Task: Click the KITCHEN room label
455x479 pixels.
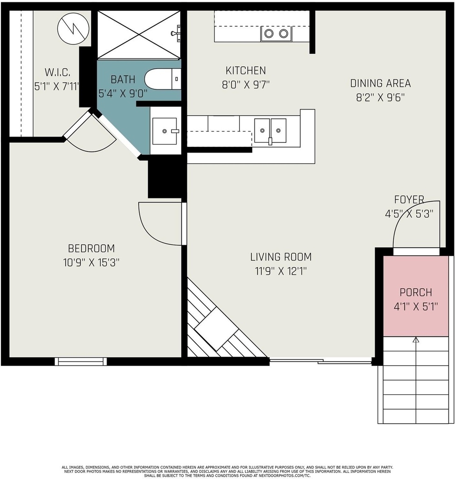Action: coord(246,71)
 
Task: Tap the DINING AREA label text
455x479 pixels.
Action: coord(380,83)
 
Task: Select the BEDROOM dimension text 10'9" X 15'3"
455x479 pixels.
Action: coord(91,262)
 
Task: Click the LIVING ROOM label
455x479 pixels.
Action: coord(281,257)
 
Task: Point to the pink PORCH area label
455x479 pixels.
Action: coord(416,292)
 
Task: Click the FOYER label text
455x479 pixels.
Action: coord(409,199)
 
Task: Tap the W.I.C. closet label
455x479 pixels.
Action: coord(57,73)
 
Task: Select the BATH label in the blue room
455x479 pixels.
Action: coord(123,80)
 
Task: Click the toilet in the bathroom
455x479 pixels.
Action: coord(163,79)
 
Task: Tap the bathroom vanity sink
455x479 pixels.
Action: coord(165,131)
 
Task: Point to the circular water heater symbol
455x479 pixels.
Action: coord(73,29)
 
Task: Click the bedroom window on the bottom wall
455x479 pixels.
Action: coord(81,362)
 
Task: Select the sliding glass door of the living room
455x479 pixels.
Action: coord(320,362)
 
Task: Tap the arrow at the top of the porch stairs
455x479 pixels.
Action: coord(416,340)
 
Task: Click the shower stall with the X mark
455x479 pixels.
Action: coord(139,34)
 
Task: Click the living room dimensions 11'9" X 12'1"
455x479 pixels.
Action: coord(281,271)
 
